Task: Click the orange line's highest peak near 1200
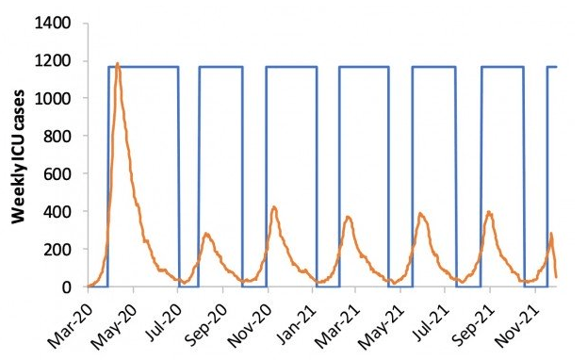click(x=117, y=64)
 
